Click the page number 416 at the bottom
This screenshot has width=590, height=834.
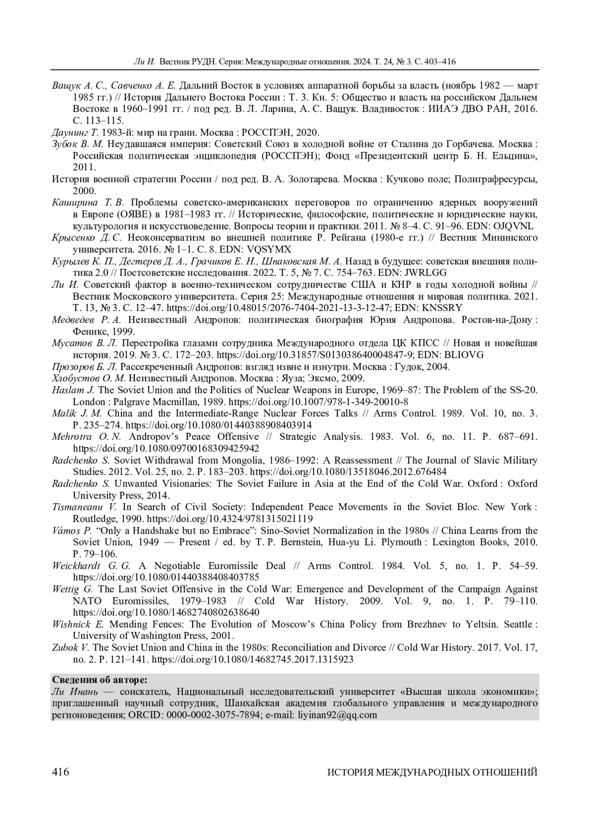[x=60, y=772]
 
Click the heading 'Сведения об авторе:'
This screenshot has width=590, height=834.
[x=99, y=680]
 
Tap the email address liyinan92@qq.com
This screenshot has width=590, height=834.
[x=337, y=715]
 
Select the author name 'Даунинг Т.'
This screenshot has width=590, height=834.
[x=76, y=133]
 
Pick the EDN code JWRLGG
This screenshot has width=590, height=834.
[x=423, y=273]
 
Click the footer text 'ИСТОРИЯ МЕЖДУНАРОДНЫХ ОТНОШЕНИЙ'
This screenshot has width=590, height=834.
[x=432, y=772]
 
